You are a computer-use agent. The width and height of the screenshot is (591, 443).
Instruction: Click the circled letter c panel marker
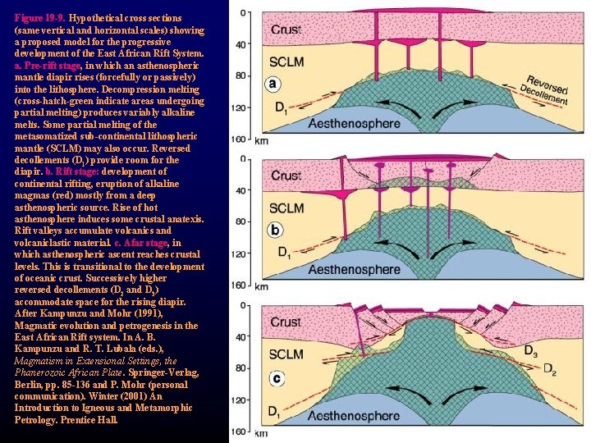277,378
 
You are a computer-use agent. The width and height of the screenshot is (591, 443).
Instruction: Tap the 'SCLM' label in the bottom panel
286,354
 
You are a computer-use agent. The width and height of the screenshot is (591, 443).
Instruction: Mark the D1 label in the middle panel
283,253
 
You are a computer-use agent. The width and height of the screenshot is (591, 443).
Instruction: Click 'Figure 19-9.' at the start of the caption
40,17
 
